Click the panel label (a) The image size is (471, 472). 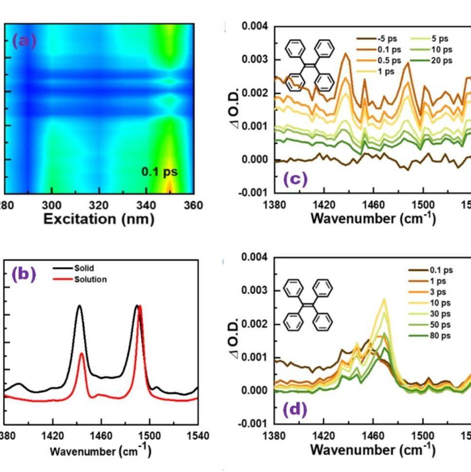coord(24,41)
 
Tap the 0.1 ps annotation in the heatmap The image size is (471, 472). coord(159,172)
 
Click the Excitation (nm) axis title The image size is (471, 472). coord(99,219)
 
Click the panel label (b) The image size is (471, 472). coord(24,274)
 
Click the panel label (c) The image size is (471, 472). coord(295,179)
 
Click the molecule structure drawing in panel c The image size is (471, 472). coord(310,66)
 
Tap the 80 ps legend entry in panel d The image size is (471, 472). coord(441,336)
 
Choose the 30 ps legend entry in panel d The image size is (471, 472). coord(441,314)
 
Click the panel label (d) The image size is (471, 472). coord(295,410)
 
